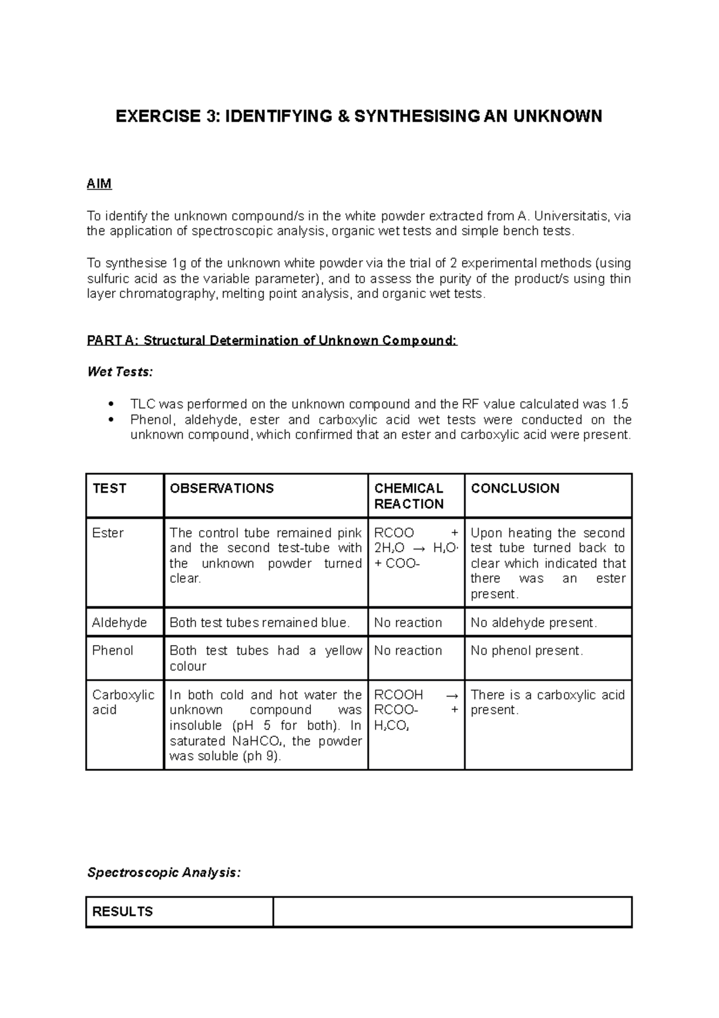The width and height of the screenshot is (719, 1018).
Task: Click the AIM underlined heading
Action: (99, 184)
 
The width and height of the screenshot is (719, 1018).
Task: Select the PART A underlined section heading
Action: (272, 341)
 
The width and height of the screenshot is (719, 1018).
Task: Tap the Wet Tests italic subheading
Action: (120, 372)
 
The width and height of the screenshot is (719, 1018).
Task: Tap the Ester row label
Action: (108, 533)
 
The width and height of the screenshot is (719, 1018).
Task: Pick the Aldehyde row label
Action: (119, 622)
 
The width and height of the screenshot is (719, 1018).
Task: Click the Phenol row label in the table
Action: (113, 650)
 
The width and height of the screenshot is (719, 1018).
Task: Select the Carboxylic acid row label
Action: (123, 702)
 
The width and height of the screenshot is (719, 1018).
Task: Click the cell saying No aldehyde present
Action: (533, 622)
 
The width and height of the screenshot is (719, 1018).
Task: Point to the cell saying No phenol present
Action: (527, 650)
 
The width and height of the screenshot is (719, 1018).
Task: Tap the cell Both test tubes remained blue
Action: (259, 622)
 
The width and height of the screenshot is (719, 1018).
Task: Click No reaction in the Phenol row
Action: (408, 650)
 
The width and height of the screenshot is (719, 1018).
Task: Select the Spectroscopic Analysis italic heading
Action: (164, 873)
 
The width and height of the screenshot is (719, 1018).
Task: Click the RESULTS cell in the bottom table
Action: (123, 912)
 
